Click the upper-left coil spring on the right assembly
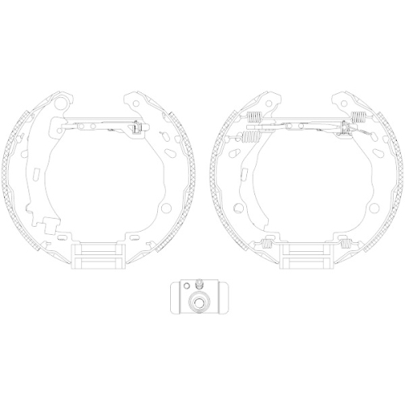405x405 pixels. tap(253, 120)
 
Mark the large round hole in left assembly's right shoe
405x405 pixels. tap(165, 207)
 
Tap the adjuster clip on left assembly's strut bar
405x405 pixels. tap(136, 127)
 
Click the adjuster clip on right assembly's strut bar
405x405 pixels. tap(349, 126)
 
